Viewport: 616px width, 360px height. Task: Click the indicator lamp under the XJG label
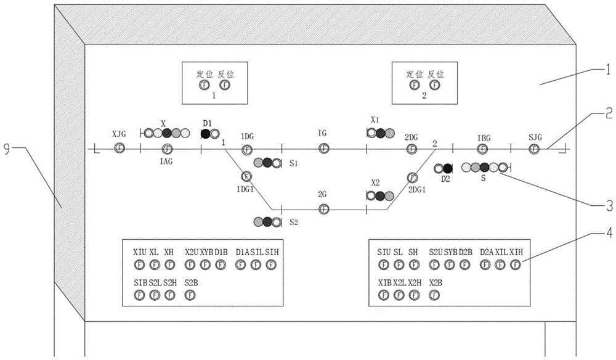coord(119,148)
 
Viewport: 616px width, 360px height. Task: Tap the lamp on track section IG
coord(323,148)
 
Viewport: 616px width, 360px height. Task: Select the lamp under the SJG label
coord(535,148)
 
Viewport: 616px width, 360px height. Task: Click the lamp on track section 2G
coord(323,209)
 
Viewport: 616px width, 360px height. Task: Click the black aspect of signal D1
coord(205,133)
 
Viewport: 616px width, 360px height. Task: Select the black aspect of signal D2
coord(448,168)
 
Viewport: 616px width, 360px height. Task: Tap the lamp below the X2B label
coord(435,295)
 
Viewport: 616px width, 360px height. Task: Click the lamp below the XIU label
coord(139,264)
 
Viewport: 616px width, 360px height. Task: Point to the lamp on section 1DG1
coord(246,178)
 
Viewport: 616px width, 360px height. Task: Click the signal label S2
coord(294,222)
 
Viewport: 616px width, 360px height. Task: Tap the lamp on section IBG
coord(484,148)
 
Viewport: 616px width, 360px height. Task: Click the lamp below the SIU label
coord(383,264)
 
